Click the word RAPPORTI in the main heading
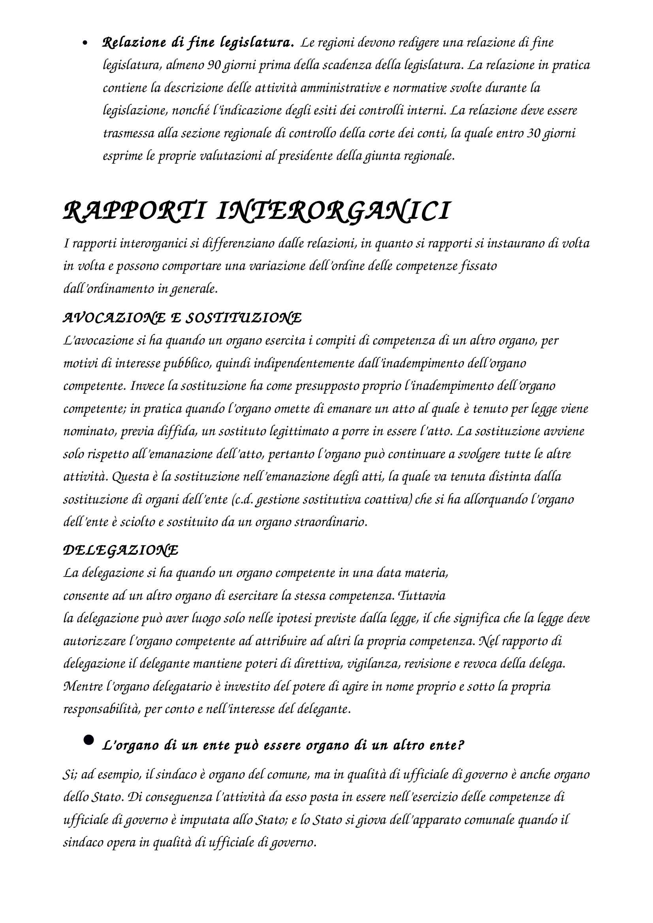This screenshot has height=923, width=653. click(134, 212)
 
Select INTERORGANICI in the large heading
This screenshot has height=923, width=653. click(332, 212)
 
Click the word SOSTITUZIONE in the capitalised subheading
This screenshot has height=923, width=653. click(243, 318)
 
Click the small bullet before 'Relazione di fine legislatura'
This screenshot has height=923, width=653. click(85, 43)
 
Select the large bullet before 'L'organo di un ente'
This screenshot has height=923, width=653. click(88, 740)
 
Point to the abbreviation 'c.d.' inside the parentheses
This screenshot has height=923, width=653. click(243, 500)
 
